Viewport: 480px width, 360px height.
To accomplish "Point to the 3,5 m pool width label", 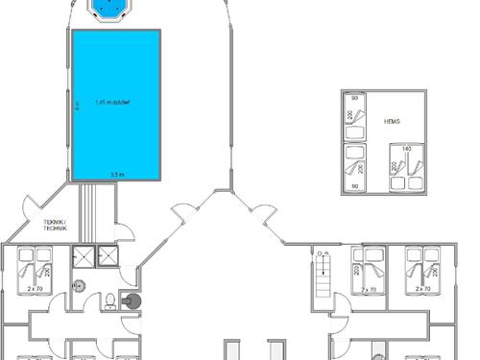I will [116, 174].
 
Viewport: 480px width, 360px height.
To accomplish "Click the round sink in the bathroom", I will [80, 285].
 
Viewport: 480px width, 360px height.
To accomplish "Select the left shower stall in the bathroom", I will [84, 254].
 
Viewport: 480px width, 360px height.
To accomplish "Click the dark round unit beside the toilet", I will [131, 300].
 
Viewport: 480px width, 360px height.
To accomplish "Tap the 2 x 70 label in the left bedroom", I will [36, 288].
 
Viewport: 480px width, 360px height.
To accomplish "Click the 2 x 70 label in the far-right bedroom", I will [421, 288].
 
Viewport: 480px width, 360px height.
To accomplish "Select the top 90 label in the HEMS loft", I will [354, 99].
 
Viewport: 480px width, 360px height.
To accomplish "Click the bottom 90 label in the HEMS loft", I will [354, 185].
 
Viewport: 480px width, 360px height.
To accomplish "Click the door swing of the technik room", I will [124, 230].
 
